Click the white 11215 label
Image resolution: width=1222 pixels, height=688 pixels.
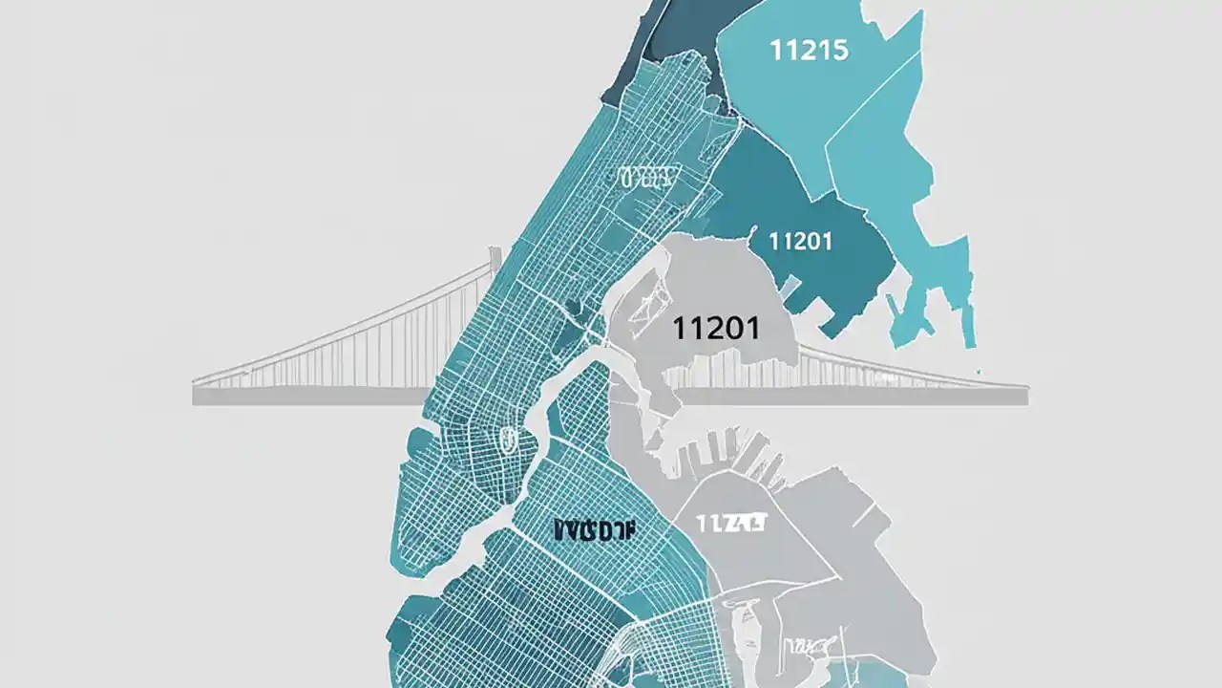808,51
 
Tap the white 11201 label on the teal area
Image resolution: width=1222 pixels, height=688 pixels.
800,241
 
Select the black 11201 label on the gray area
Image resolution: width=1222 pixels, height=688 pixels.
716,329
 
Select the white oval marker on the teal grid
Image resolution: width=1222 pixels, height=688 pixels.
506,440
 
